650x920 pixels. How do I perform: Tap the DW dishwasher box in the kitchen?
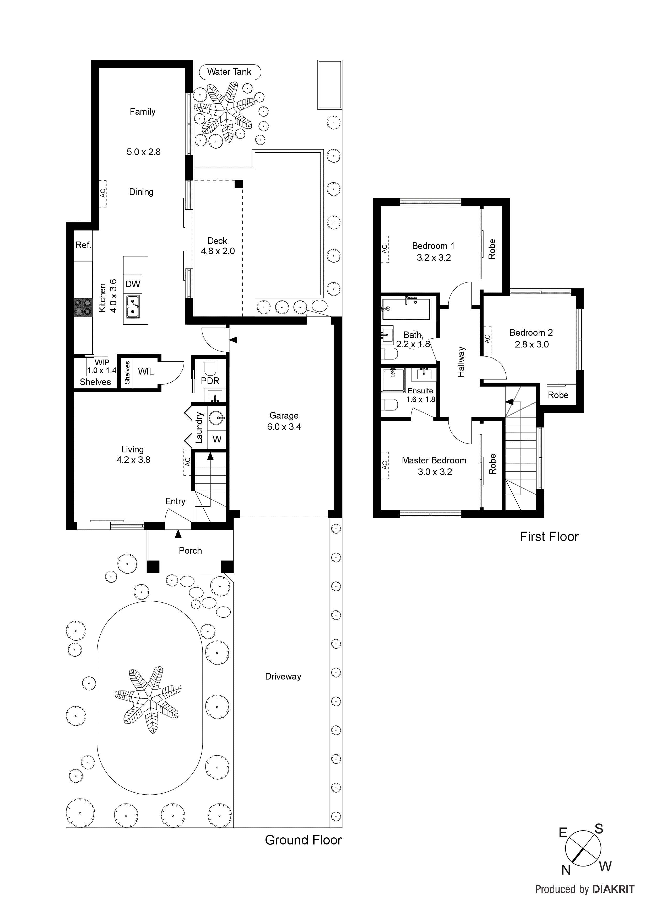coord(133,284)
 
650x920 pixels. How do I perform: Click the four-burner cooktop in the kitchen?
coord(83,307)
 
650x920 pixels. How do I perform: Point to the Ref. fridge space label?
coord(83,245)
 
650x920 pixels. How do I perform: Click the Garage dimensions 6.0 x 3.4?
coord(284,427)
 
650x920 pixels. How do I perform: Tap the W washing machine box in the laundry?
coord(217,439)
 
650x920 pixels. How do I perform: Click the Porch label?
coord(190,550)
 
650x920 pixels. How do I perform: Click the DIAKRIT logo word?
coord(613,889)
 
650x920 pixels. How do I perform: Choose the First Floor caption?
coord(549,537)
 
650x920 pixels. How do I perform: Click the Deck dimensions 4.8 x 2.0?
coord(218,251)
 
